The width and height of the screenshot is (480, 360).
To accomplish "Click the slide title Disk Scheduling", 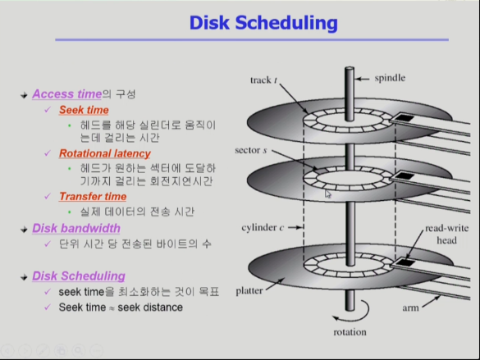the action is tap(263, 23).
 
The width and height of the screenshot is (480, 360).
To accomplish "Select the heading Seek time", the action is tap(84, 110).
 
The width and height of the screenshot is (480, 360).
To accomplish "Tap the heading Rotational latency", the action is tap(105, 153).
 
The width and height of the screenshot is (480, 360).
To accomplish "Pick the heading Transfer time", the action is tap(93, 196).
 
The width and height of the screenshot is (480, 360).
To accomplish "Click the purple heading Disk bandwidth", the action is tap(76, 228).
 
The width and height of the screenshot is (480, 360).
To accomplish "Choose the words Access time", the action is tap(67, 94).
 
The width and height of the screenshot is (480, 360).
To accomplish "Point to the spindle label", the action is tap(390, 78).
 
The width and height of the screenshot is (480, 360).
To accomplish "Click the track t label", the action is tap(263, 80).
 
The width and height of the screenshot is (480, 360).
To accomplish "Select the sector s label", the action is tap(251, 150).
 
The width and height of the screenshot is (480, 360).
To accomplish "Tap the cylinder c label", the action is tap(263, 227).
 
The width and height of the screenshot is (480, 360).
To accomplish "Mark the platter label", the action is tap(249, 290).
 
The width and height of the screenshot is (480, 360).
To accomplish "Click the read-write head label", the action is tap(447, 234).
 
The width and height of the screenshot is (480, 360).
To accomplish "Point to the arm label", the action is tap(410, 308).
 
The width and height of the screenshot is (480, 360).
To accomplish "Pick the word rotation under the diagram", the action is tap(350, 332).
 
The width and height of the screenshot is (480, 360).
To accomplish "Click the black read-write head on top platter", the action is tap(405, 118).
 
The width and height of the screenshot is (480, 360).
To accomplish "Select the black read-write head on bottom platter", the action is tap(406, 262).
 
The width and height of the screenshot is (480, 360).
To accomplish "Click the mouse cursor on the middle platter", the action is tap(328, 194).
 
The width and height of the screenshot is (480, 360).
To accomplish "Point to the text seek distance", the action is tap(150, 308).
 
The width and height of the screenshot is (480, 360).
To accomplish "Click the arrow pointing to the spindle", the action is tap(363, 80).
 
